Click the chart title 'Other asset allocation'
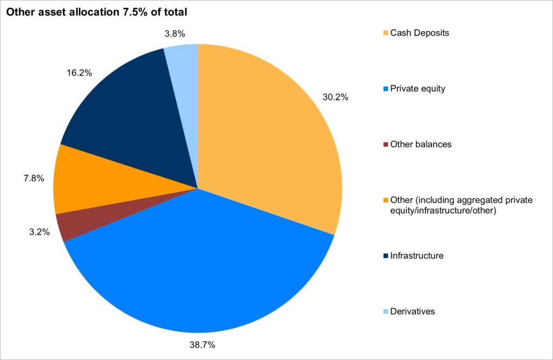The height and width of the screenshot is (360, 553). tap(97, 11)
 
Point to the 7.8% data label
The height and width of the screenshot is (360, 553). tap(33, 178)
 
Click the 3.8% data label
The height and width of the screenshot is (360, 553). tap(174, 33)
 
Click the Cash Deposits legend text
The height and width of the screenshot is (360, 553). tap(420, 33)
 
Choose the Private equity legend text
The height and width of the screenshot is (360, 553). tap(417, 89)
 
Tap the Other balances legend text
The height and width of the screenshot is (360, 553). tap(420, 144)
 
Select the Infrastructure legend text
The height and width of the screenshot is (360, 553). tap(416, 255)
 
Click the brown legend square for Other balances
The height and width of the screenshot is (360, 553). tap(385, 145)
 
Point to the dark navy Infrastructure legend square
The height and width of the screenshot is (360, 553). tap(385, 256)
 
